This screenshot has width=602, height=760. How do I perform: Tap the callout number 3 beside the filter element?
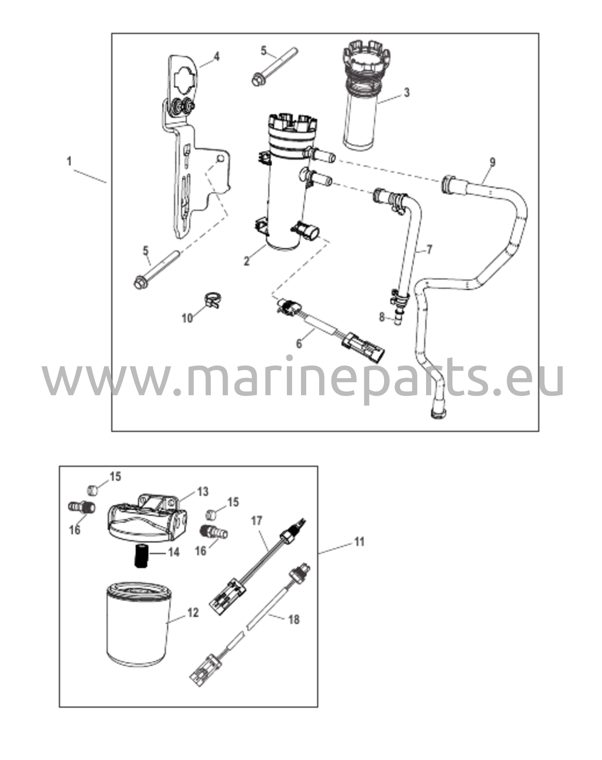(407, 92)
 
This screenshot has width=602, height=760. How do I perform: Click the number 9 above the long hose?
(492, 162)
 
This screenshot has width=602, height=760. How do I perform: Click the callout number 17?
(256, 521)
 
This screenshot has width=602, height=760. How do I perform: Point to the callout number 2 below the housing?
(246, 261)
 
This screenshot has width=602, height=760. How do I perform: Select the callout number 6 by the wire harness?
(299, 344)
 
